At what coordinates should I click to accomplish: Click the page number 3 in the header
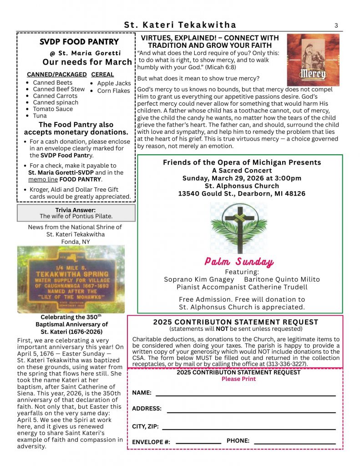pyautogui.click(x=336, y=25)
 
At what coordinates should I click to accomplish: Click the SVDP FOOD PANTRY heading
pyautogui.click(x=79, y=42)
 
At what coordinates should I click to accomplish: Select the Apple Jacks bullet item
pyautogui.click(x=114, y=83)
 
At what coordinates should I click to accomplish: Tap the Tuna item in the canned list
pyautogui.click(x=40, y=116)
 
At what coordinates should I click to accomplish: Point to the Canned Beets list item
pyautogui.click(x=52, y=83)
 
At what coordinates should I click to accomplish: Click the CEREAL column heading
pyautogui.click(x=102, y=74)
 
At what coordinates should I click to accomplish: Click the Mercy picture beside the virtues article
pyautogui.click(x=313, y=60)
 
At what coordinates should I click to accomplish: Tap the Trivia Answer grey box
pyautogui.click(x=76, y=213)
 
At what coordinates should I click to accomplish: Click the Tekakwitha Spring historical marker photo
pyautogui.click(x=71, y=279)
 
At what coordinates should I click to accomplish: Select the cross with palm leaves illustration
pyautogui.click(x=239, y=228)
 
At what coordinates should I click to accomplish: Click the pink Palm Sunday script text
pyautogui.click(x=239, y=262)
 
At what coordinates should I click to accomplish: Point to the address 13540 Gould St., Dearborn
pyautogui.click(x=242, y=193)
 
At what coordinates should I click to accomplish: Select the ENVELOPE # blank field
pyautogui.click(x=198, y=442)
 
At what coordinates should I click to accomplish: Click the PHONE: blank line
pyautogui.click(x=294, y=442)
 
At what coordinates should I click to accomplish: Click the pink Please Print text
pyautogui.click(x=238, y=379)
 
